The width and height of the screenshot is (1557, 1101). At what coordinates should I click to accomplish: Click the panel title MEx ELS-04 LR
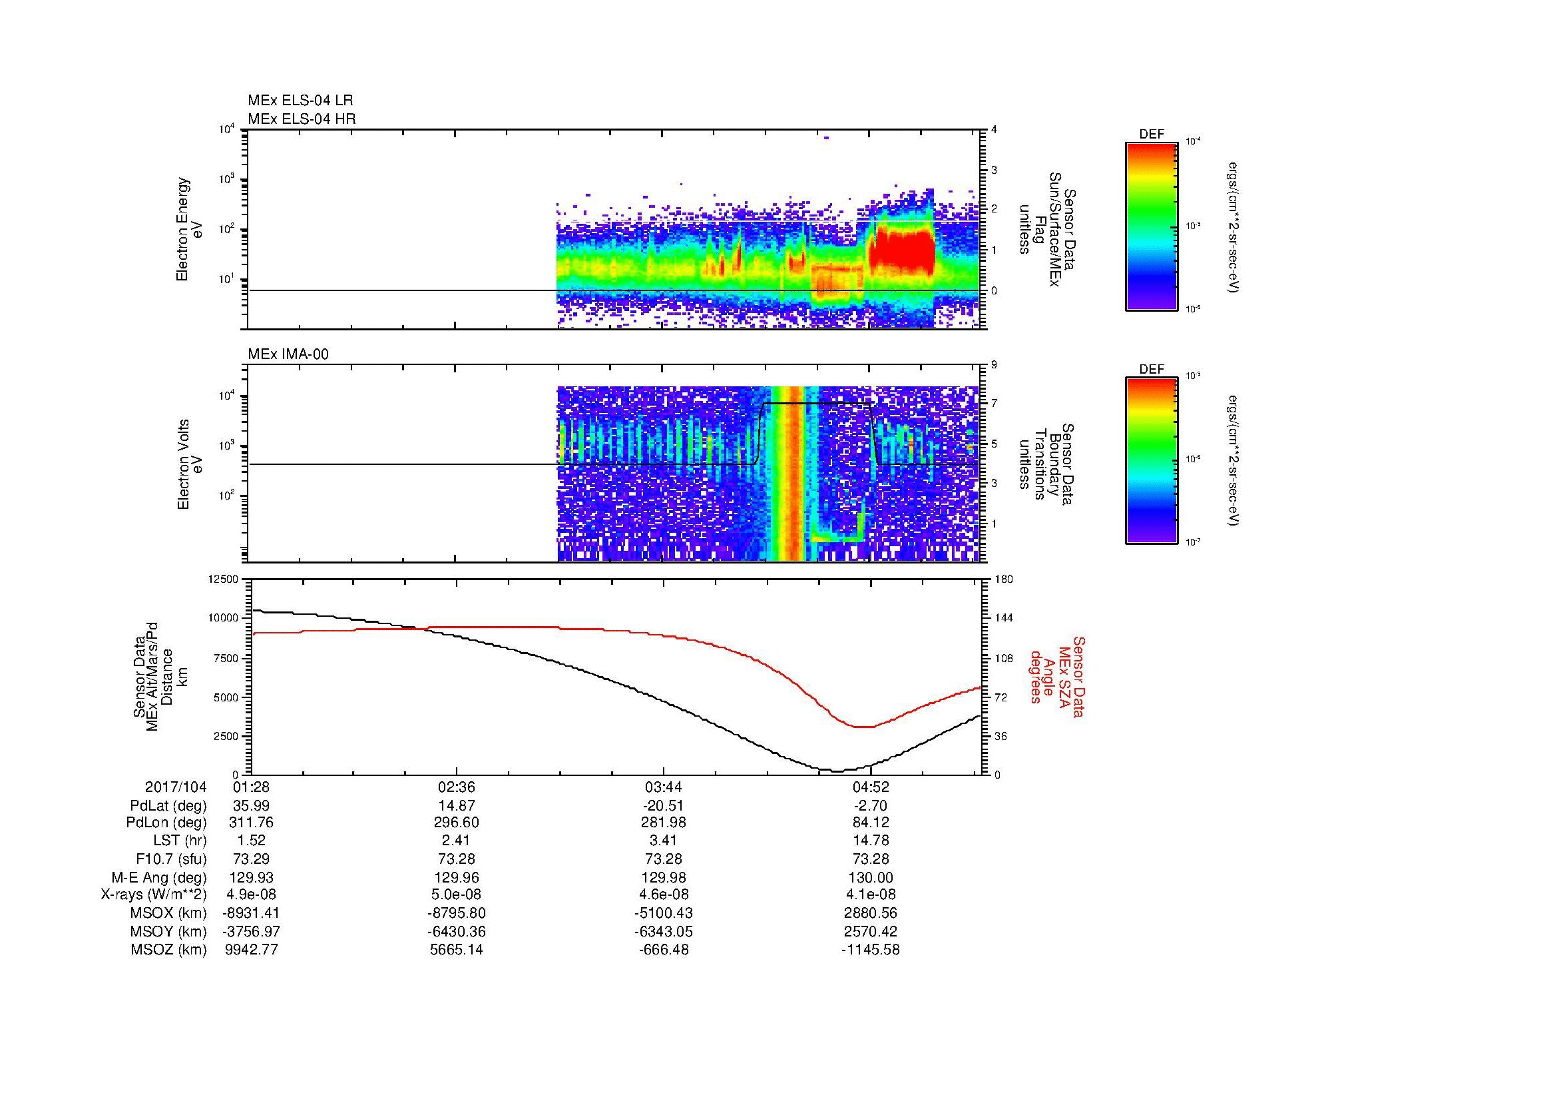(x=300, y=101)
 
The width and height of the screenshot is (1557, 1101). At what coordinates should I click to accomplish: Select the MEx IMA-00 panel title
(x=288, y=354)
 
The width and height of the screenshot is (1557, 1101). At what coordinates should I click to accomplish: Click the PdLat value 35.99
(x=252, y=806)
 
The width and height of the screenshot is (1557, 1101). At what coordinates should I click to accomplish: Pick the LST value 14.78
(x=871, y=841)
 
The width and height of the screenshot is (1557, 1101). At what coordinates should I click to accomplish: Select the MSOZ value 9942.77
(x=252, y=950)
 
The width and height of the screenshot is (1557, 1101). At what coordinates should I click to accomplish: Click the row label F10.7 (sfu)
(x=171, y=859)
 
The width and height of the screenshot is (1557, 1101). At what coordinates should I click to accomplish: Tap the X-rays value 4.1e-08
(x=871, y=895)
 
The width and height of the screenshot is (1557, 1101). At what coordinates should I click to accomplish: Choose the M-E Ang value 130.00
(x=871, y=878)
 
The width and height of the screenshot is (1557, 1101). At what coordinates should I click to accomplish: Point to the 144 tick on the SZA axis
(x=1003, y=618)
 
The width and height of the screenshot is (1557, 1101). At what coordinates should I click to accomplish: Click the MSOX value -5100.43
(x=664, y=913)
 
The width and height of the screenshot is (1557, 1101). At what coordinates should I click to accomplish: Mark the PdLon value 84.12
(x=871, y=823)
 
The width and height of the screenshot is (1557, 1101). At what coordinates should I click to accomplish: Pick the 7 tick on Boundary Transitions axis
(x=995, y=404)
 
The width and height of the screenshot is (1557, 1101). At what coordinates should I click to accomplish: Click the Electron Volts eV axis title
(x=189, y=464)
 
